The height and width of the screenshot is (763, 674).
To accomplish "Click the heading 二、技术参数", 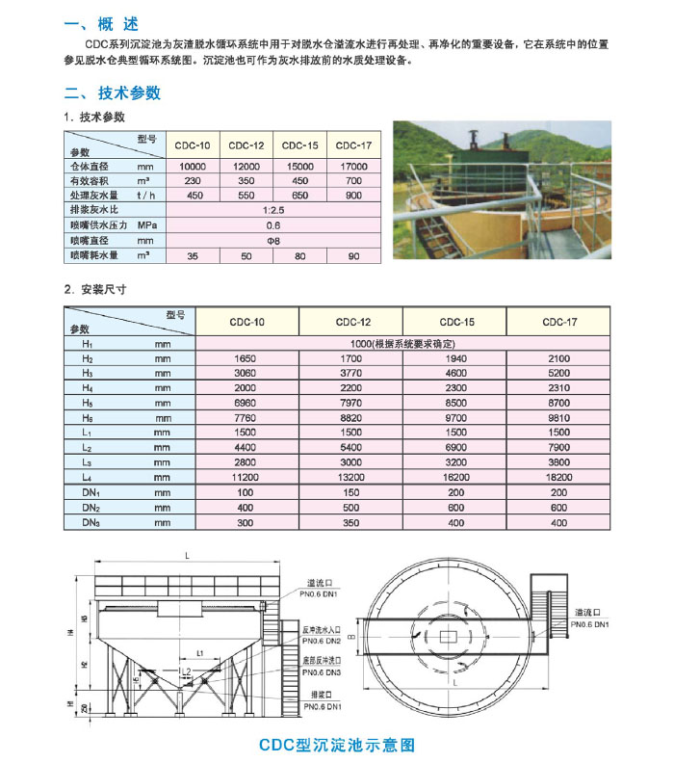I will tap(113, 93).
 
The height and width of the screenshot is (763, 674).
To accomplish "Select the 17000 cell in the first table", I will tap(353, 167).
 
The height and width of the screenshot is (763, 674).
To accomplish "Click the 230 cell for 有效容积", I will tap(194, 181).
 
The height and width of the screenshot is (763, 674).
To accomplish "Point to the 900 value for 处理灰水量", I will tap(353, 196).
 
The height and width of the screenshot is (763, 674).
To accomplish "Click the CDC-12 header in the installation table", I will tap(351, 322).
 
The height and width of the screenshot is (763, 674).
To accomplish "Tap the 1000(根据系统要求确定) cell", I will tap(402, 343).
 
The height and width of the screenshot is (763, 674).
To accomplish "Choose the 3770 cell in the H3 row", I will tap(351, 372).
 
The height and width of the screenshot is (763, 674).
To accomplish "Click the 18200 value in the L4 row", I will tap(558, 476).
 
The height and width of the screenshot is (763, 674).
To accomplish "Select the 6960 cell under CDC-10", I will tap(247, 403).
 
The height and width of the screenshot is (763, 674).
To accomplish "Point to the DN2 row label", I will tap(91, 507).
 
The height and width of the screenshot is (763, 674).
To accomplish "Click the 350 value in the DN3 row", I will tap(351, 521).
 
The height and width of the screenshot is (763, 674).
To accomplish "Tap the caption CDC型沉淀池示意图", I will tap(337, 745).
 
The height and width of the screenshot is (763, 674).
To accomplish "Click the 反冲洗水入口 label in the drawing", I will tap(322, 630).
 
